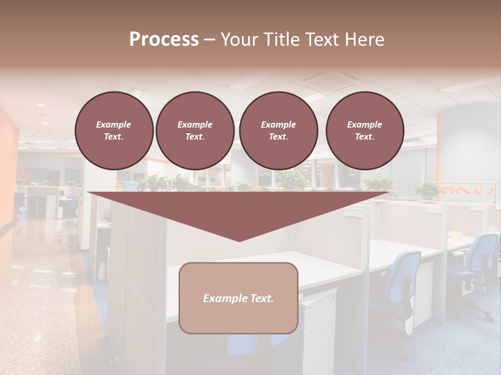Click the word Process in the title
(x=164, y=40)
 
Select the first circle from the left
(x=114, y=131)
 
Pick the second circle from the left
(x=195, y=131)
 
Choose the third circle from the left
(x=278, y=131)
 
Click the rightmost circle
(x=364, y=131)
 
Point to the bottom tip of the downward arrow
(x=239, y=241)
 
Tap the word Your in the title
(x=237, y=40)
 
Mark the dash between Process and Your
(x=209, y=40)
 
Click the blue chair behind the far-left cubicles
(x=20, y=200)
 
